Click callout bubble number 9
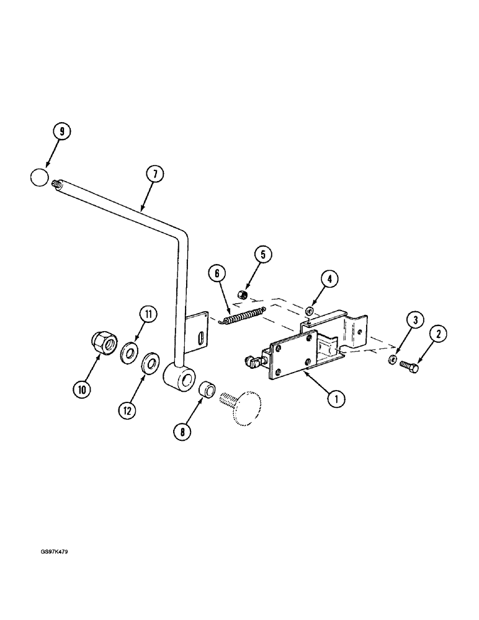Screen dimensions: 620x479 [62, 132]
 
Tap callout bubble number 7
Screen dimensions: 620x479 [155, 175]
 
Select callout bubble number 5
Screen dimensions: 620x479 [262, 254]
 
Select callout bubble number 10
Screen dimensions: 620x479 [82, 389]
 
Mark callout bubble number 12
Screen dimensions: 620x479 [128, 410]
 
